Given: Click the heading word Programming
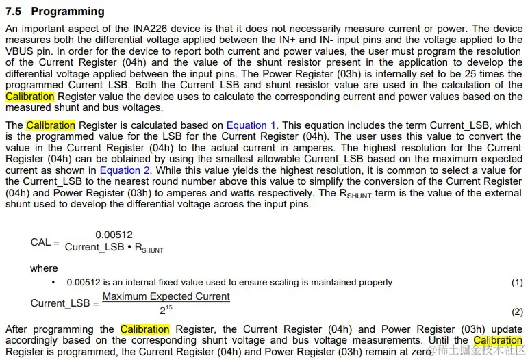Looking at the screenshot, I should (68, 12).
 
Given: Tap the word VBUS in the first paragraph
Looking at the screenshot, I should (20, 51).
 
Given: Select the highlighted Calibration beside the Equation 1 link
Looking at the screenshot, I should (51, 125).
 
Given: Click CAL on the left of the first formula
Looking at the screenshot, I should (40, 242).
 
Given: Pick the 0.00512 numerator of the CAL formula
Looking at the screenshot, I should (114, 235).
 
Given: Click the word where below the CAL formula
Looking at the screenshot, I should (44, 268).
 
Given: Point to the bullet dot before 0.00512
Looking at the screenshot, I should (53, 282).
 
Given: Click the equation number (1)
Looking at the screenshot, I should (517, 282).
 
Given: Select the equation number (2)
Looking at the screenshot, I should (517, 311).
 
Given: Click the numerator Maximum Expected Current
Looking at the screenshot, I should (166, 296).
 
